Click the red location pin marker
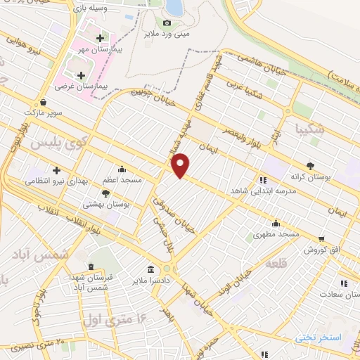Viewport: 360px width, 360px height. point(181,165)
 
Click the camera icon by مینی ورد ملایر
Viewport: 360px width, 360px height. point(167,22)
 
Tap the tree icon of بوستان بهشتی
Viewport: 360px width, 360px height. point(105,193)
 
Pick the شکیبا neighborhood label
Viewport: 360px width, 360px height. point(311,129)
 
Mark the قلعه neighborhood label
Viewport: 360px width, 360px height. point(307,267)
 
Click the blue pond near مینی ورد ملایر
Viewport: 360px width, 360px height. point(174,7)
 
